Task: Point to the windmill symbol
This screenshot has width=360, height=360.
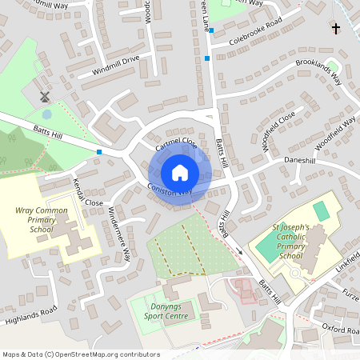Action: pos(45,96)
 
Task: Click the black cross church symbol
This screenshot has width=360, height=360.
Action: pos(335,29)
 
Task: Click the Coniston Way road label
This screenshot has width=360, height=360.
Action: pos(170,190)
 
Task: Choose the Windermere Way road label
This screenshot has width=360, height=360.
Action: pos(118,234)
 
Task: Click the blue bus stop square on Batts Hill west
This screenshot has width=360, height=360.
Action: pos(99,151)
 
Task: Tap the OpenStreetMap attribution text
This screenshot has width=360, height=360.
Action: pos(80,354)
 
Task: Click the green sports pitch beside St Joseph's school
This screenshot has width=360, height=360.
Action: pos(321,212)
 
